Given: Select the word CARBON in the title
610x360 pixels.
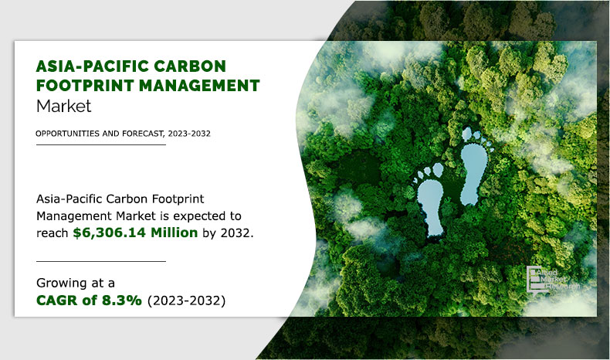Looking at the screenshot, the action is tap(190, 66).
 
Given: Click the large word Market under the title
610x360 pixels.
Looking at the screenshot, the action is tap(64, 106).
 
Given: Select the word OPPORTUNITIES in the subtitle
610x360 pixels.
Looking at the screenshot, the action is tap(67, 134).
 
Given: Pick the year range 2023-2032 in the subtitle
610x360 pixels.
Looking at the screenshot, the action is tap(189, 134).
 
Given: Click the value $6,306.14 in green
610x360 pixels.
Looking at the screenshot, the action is tap(110, 233).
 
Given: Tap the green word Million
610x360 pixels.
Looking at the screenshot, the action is tap(175, 233).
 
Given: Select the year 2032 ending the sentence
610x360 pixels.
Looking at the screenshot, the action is tap(237, 233).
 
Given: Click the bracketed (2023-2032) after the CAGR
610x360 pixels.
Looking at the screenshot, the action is tap(186, 301).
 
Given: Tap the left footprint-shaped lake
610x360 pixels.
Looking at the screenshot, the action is tap(431, 204).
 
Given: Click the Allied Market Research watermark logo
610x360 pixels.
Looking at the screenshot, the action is tap(552, 279).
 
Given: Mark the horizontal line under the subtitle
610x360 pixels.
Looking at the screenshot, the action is tap(101, 144).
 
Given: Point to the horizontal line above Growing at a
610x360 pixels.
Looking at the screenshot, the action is tap(101, 262).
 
